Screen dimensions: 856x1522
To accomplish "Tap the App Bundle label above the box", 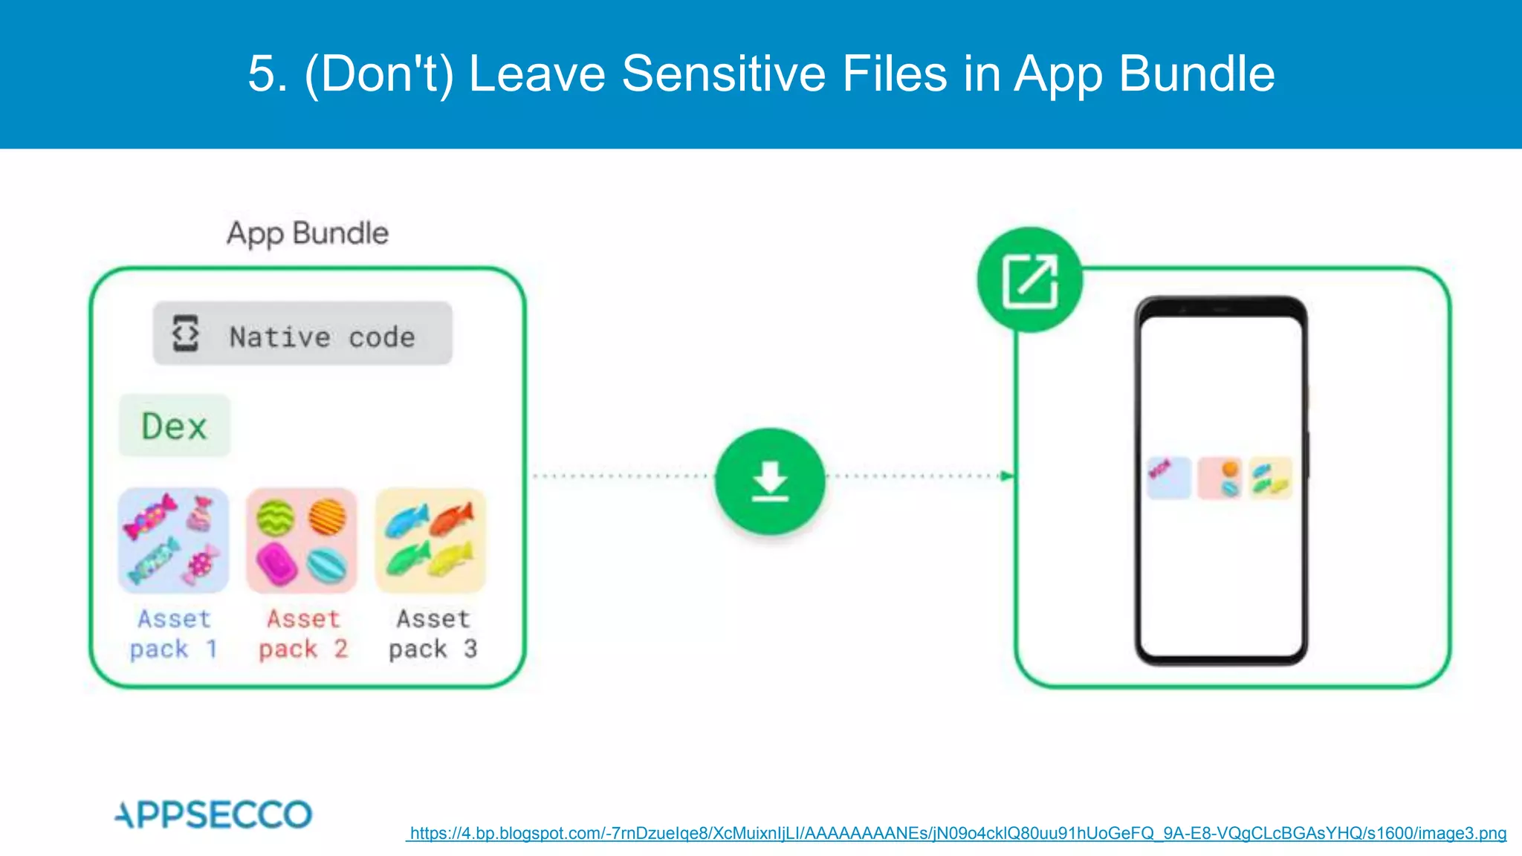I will coord(308,233).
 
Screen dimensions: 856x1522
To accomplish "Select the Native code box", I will coord(302,334).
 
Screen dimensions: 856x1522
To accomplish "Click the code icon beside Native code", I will coord(185,334).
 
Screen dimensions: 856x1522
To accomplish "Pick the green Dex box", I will coord(175,426).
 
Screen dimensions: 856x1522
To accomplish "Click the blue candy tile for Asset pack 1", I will coord(173,540).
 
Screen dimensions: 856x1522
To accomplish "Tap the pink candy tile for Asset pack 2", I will coord(302,540).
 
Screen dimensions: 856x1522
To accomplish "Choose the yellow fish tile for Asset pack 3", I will coord(430,540).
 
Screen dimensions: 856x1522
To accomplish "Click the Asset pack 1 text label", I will coord(174,634).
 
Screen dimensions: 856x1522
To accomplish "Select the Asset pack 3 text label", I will coord(433,634).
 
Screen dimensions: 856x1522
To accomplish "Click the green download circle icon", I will coord(770,481).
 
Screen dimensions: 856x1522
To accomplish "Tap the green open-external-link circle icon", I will coord(1029,280).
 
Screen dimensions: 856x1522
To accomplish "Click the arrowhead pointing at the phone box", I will coord(1007,476).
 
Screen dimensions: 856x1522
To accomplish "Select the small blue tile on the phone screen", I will coord(1168,477).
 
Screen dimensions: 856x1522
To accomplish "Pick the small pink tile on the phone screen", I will coord(1220,477).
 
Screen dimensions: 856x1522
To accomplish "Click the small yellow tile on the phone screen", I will coord(1271,477).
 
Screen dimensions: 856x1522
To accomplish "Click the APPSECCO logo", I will coord(214,814).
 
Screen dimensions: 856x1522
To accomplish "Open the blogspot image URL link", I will coord(957,834).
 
